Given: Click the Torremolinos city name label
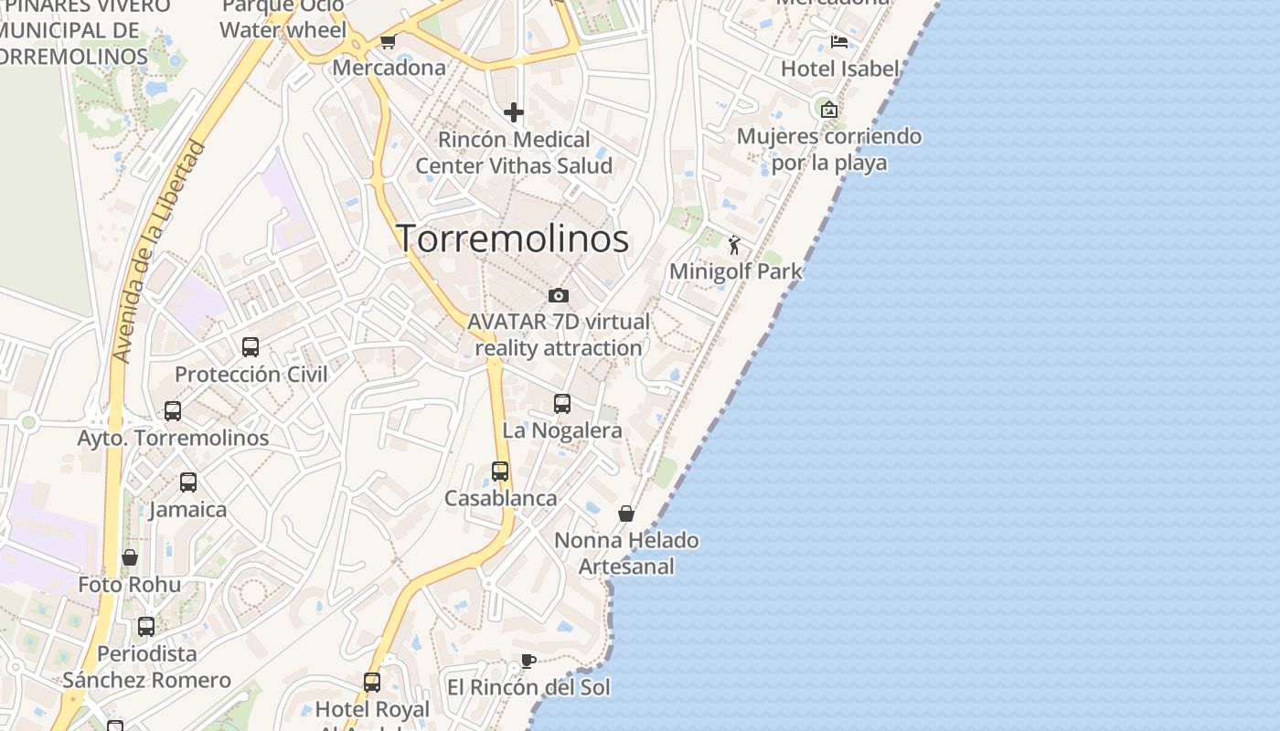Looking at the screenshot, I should [512, 238].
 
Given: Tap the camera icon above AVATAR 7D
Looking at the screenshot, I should [559, 295].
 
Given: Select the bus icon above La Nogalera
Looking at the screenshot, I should [562, 404].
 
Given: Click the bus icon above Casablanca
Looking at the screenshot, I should [500, 471].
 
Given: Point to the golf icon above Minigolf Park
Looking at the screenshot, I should [734, 245].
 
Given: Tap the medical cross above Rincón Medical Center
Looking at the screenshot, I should [514, 112].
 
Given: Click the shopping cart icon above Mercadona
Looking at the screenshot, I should [388, 42].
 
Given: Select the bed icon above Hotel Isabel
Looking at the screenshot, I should [838, 42].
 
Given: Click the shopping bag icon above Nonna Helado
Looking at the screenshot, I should [626, 514].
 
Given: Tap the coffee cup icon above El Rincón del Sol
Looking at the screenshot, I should [528, 661].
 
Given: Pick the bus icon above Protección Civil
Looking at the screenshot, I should [251, 347].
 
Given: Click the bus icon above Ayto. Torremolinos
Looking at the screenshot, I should [173, 411].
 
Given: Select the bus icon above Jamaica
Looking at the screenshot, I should [188, 482].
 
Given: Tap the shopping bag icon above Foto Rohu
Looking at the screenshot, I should [130, 557].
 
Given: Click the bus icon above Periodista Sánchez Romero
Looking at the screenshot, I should [146, 627].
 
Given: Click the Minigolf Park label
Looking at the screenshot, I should [735, 271].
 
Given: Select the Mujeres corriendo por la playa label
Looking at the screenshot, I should [829, 150].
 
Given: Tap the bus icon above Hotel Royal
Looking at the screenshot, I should [372, 683].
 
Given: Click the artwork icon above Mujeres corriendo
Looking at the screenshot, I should [829, 110].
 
